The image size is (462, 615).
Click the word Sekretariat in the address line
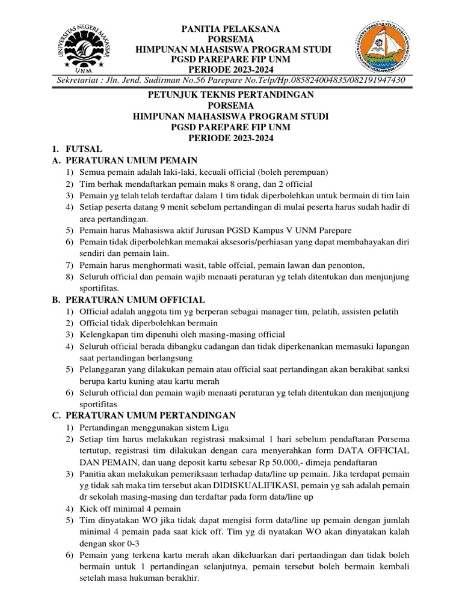click(x=79, y=80)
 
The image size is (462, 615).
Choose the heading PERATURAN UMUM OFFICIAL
click(x=135, y=299)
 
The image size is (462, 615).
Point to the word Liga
click(x=203, y=427)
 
